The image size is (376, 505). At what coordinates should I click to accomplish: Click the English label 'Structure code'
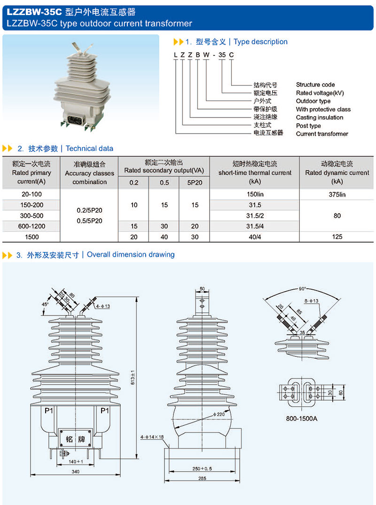coord(315,85)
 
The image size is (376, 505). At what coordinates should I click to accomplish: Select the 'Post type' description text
coord(308,126)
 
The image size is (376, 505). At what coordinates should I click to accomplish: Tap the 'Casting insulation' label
coord(320,118)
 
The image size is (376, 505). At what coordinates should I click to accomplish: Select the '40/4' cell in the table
coord(255,237)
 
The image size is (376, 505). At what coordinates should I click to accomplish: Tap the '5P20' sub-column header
coord(194,182)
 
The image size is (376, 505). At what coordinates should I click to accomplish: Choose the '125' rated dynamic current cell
coord(337,237)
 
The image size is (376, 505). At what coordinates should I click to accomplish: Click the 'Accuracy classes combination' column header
coord(89,173)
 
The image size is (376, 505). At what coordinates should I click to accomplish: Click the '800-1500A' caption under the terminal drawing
coord(302,418)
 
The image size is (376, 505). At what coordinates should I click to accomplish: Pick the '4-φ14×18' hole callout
coord(152,437)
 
